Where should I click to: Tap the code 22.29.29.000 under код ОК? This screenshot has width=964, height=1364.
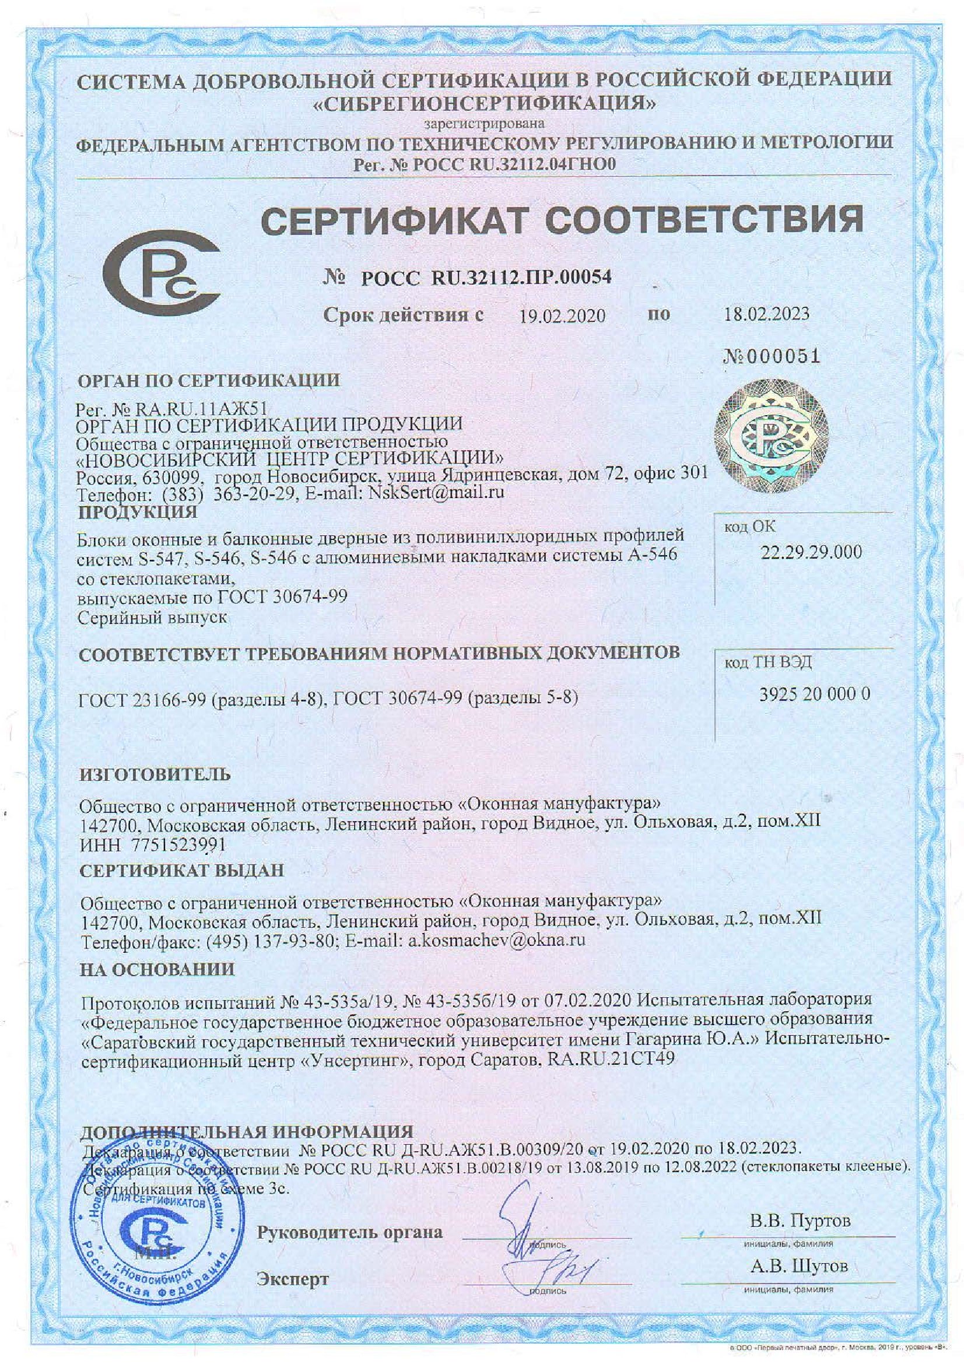tap(811, 552)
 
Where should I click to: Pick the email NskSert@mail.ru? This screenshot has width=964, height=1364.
tap(436, 492)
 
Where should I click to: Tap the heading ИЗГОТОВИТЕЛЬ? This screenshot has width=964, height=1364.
tap(155, 774)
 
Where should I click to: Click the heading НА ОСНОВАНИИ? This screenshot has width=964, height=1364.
tap(157, 970)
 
